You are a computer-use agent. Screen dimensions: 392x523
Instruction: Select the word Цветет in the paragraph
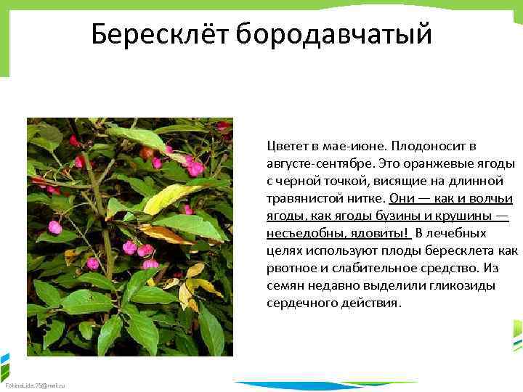tap(286, 146)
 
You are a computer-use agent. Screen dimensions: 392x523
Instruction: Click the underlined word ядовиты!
tap(381, 234)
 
